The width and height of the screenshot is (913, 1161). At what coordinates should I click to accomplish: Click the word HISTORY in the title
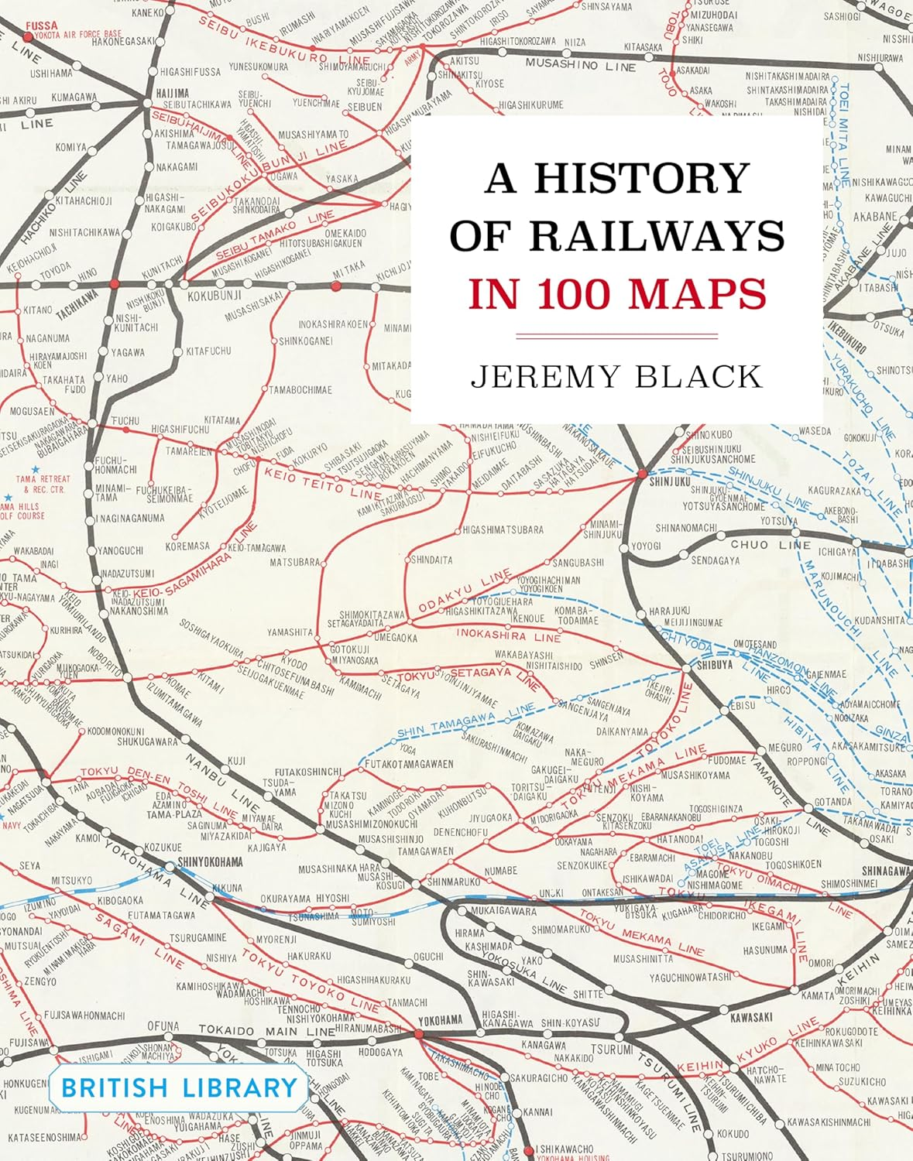tap(641, 178)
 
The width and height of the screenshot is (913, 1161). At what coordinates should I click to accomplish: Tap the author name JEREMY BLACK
tap(617, 376)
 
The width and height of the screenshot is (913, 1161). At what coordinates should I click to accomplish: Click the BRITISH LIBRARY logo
tap(179, 1087)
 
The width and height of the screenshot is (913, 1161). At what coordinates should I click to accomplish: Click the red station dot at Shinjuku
tap(641, 472)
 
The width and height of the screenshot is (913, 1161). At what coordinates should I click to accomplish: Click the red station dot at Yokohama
tap(419, 1034)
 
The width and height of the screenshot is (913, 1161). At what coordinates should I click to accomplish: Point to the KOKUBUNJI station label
tap(215, 296)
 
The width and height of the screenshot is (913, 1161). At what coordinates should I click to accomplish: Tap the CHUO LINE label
tap(770, 545)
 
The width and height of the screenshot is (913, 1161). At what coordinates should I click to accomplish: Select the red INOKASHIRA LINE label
tap(508, 635)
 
